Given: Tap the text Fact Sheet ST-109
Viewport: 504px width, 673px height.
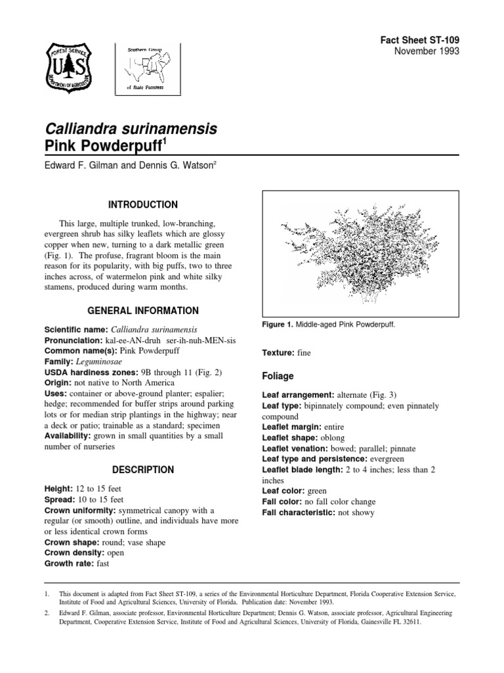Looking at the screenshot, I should [x=419, y=40].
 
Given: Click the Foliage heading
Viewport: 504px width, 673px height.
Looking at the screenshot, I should [x=279, y=377].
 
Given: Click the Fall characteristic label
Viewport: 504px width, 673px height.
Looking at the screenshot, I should [x=299, y=512].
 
